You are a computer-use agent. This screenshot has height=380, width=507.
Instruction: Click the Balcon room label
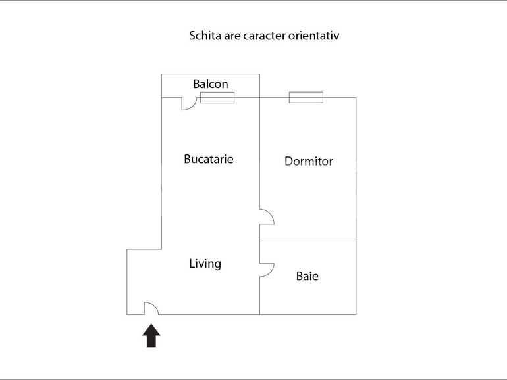click(211, 84)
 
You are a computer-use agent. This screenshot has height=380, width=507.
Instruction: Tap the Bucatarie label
click(209, 159)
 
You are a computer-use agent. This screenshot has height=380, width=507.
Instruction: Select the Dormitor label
click(308, 161)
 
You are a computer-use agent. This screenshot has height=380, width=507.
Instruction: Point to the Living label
click(205, 264)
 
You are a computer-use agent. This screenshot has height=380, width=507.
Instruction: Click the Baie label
click(307, 276)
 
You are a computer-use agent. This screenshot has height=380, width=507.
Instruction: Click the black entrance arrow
click(151, 335)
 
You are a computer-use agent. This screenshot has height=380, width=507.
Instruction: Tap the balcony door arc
click(188, 104)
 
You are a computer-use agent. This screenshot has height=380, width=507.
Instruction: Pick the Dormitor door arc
click(267, 218)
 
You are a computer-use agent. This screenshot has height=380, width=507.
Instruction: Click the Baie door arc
click(267, 270)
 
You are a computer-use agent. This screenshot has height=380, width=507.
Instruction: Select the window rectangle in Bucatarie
click(217, 97)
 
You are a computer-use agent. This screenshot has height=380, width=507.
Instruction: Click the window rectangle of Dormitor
click(306, 97)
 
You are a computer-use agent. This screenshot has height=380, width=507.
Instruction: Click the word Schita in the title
click(203, 36)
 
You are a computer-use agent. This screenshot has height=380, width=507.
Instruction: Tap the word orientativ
click(315, 36)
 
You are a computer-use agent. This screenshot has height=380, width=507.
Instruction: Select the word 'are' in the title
click(230, 36)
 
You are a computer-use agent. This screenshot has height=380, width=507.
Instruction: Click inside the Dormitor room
click(309, 191)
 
